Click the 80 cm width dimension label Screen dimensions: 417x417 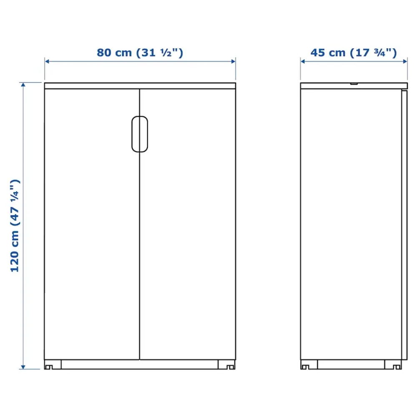point(140,53)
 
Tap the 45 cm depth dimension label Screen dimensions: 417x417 point(354,53)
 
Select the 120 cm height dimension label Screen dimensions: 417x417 point(15,226)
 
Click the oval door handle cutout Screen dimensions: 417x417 point(140,134)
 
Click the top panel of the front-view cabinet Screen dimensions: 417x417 point(140,85)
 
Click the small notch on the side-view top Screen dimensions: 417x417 point(354,84)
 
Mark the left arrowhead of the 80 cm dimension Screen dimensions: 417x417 point(47,61)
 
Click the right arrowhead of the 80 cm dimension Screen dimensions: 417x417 point(234,61)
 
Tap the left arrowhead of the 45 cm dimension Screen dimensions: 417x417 point(303,61)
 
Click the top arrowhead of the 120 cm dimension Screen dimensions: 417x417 point(24,85)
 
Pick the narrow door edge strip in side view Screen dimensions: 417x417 point(404,225)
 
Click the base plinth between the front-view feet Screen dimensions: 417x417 point(140,364)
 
